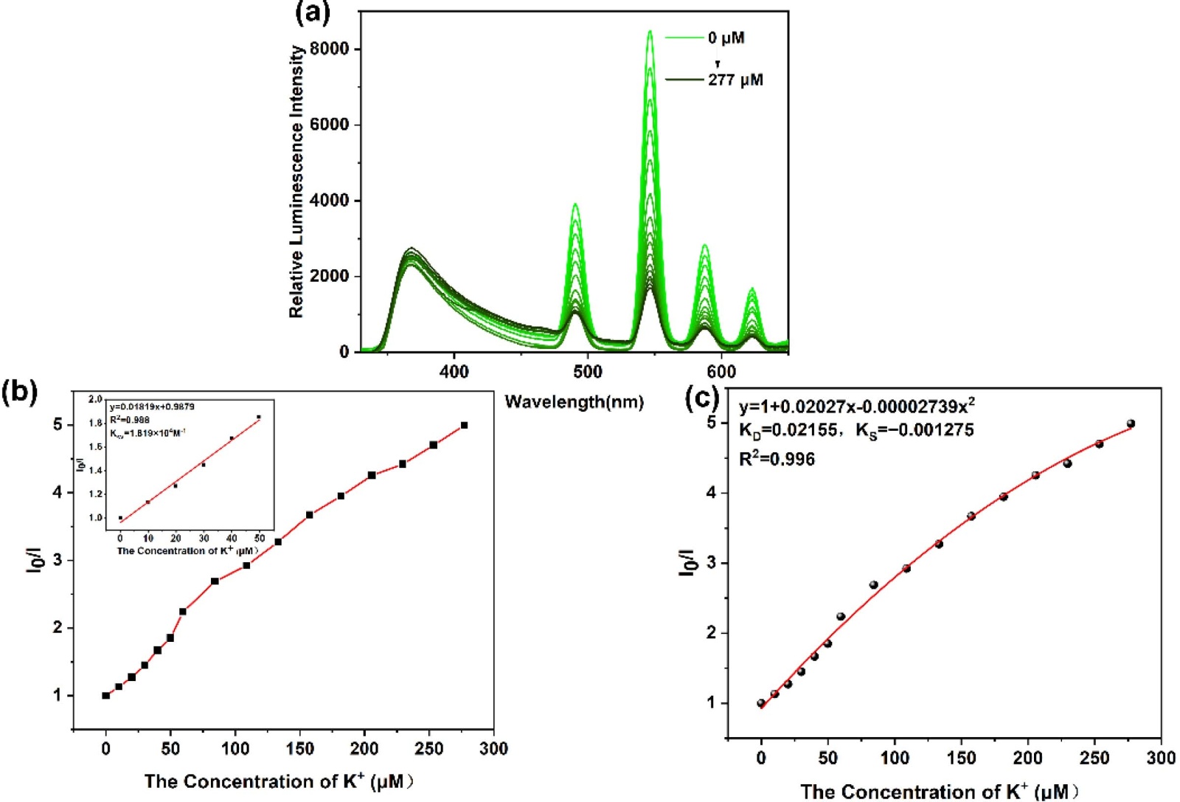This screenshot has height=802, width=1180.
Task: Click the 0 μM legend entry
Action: (x=726, y=38)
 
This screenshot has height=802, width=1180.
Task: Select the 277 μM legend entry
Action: (x=735, y=80)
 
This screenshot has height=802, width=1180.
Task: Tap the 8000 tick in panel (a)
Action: (x=330, y=49)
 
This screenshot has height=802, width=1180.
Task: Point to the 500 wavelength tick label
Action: (x=588, y=371)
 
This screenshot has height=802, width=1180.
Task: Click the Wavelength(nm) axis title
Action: (x=574, y=402)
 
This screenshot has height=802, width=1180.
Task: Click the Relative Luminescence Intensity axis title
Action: (x=296, y=182)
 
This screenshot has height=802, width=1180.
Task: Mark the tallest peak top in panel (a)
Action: (x=650, y=32)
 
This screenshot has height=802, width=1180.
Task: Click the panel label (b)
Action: (x=19, y=391)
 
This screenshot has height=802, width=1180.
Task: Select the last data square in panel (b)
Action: (x=464, y=425)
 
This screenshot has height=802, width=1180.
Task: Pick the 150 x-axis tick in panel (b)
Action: (x=300, y=749)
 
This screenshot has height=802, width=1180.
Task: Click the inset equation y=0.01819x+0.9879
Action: (x=152, y=407)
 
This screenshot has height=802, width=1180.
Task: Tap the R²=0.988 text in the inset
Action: (x=130, y=420)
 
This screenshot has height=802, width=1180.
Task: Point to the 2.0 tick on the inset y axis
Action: (x=96, y=400)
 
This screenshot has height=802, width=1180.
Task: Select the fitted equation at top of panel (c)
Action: (x=857, y=407)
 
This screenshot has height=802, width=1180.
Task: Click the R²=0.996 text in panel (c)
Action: (x=777, y=459)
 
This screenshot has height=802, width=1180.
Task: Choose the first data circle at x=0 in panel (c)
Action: (x=761, y=703)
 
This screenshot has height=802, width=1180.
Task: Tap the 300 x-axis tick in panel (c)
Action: (x=1161, y=758)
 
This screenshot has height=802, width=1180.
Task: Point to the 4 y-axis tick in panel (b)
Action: (x=58, y=492)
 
